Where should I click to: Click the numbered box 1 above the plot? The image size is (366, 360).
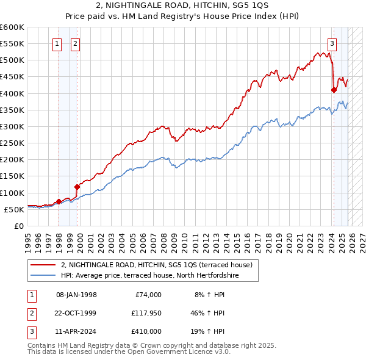(x=57, y=43)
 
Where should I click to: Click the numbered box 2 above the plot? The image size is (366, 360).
(x=75, y=43)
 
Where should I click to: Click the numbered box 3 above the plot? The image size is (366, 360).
(x=332, y=43)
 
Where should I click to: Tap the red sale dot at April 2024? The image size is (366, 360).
(x=334, y=90)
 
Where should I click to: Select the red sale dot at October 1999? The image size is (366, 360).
(x=77, y=187)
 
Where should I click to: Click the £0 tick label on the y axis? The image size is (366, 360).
(x=18, y=226)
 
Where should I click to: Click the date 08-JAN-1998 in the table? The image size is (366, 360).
(x=76, y=295)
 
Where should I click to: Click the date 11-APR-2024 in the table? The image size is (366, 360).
(x=76, y=331)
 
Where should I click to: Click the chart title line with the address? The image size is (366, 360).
(x=183, y=7)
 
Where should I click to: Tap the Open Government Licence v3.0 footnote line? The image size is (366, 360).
(x=129, y=352)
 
